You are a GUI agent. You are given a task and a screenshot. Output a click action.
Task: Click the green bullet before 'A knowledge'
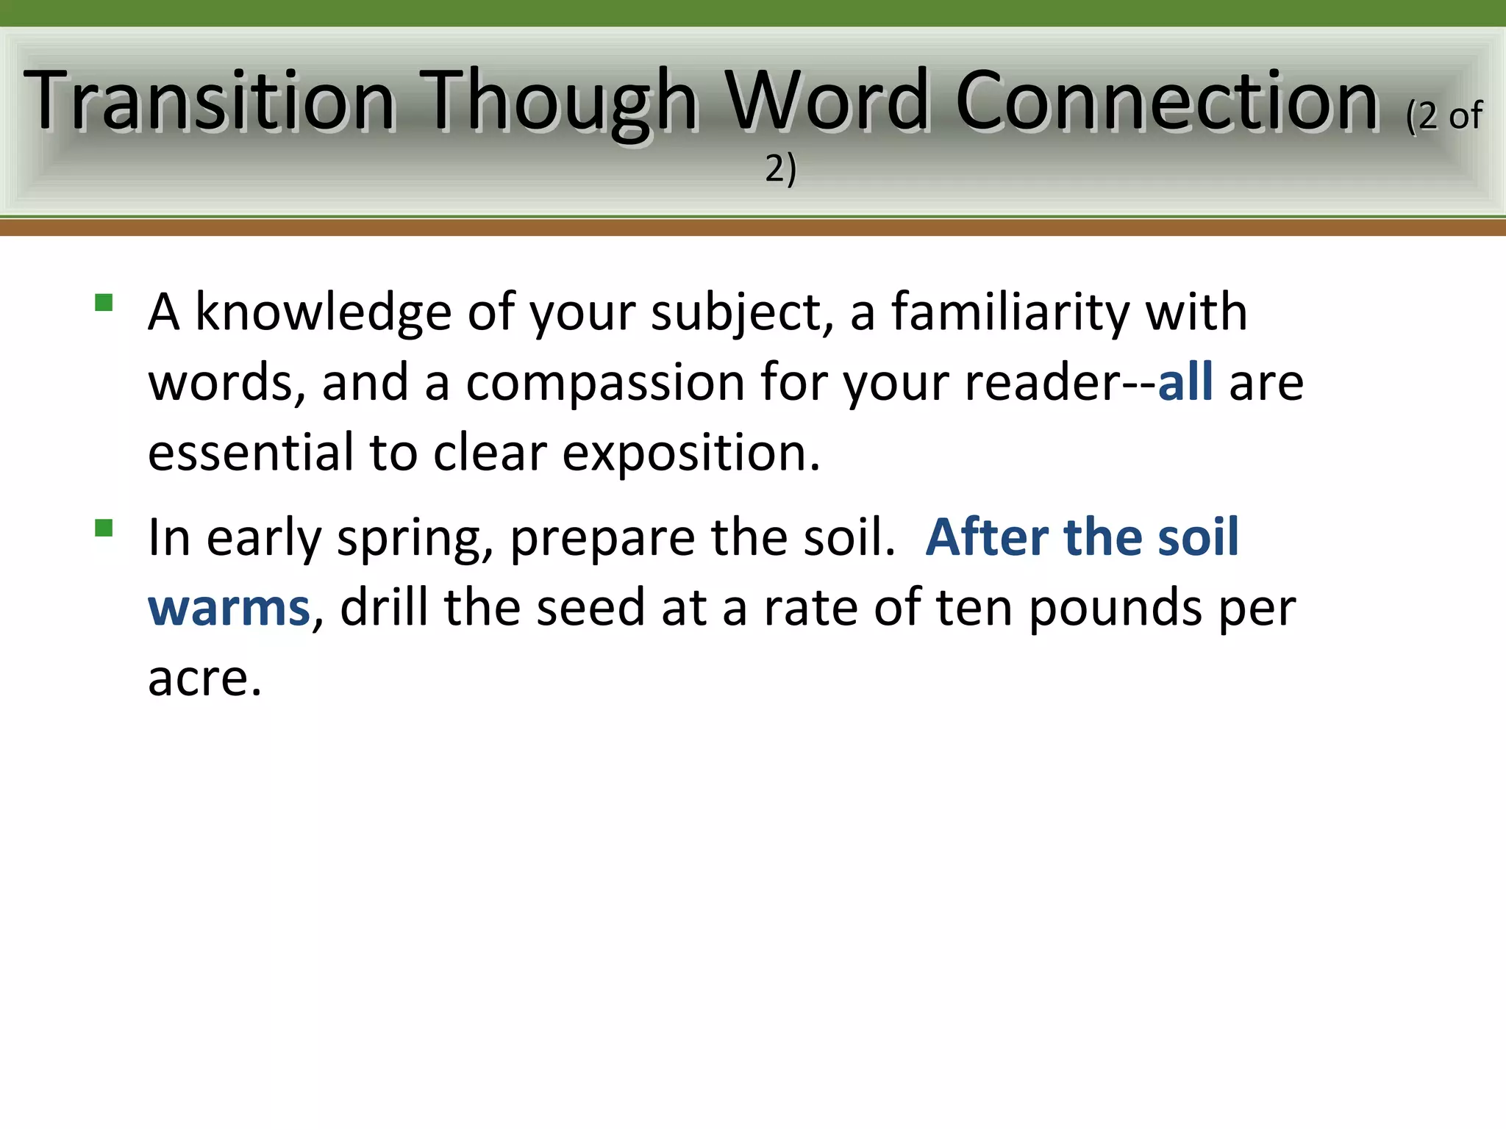point(104,303)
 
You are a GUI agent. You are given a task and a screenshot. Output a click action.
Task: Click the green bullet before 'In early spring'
point(104,528)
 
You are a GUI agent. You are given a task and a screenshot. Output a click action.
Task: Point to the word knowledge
point(323,312)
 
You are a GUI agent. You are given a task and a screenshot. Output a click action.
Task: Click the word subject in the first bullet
point(741,312)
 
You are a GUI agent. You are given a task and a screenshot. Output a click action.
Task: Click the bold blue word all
point(1185,383)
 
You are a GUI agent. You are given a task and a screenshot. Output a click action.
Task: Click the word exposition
point(690,453)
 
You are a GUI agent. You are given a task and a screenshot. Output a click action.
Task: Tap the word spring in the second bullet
point(415,538)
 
